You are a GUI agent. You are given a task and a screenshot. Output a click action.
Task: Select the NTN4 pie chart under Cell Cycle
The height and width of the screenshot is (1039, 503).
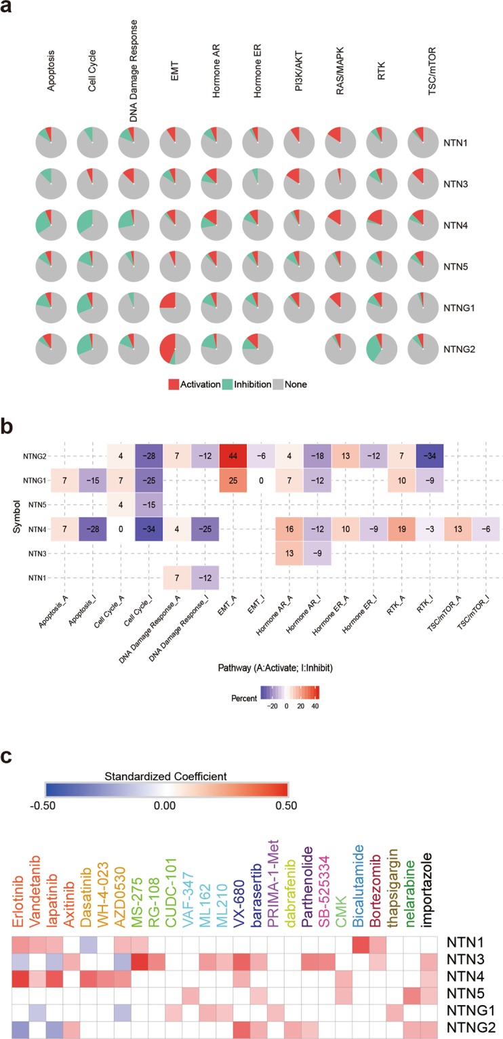click(92, 221)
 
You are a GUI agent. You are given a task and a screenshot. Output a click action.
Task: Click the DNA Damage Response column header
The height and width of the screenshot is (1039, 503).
click(134, 66)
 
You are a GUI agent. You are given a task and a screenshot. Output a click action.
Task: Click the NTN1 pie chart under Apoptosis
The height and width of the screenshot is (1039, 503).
click(51, 144)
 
